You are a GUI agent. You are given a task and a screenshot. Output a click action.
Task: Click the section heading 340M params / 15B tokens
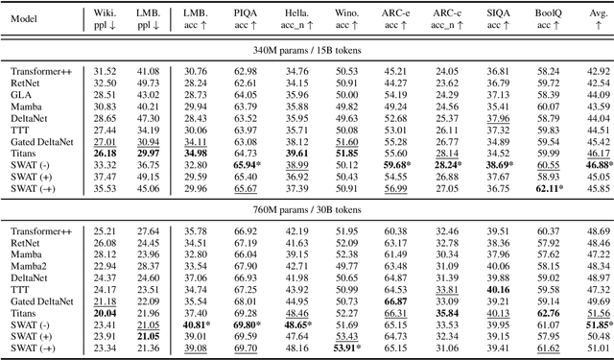tap(307, 52)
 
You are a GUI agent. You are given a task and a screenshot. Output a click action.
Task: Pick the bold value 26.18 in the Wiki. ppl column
tap(106, 153)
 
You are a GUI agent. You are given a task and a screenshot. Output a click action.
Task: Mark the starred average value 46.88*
tap(598, 164)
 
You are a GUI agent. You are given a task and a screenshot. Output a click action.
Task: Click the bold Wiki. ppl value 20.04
tap(106, 313)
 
